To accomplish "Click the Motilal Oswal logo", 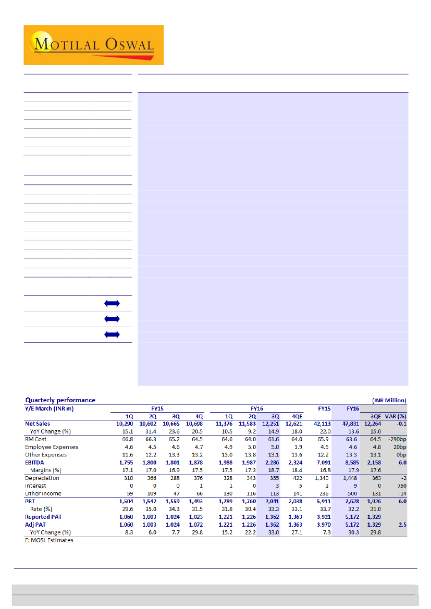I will pos(94,45).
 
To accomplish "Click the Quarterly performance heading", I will pos(60,400).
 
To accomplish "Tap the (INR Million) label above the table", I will pos(389,400).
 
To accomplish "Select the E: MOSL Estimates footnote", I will pos(49,540).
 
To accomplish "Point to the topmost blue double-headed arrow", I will pos(112,303).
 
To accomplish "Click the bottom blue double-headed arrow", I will pos(112,334).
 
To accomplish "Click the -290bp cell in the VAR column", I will pos(397,439).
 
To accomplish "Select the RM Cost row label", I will pos(36,439).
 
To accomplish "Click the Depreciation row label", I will pos(42,478).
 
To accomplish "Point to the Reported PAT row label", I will pos(45,517).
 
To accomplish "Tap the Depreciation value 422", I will pos(297,478).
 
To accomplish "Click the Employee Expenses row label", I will pos(52,447).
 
